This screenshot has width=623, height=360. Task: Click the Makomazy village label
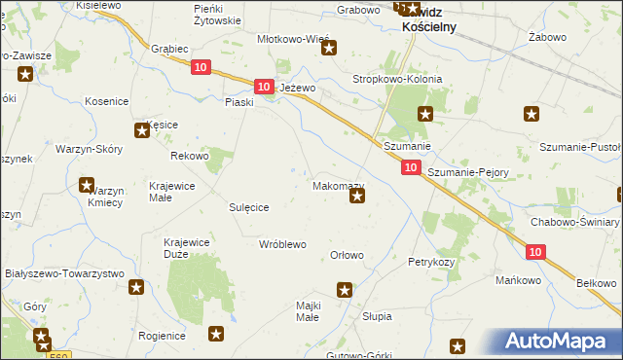(338, 185)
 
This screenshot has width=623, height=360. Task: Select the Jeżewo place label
(299, 88)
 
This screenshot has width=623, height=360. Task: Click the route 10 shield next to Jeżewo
(263, 87)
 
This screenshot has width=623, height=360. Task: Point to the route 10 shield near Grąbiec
(200, 66)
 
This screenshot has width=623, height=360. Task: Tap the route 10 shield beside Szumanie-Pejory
(410, 168)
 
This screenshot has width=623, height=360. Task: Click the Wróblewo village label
(283, 243)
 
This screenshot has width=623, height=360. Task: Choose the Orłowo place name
(348, 256)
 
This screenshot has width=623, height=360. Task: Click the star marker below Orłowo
(344, 289)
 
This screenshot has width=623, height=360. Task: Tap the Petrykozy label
(432, 263)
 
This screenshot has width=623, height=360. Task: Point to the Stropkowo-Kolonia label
(397, 79)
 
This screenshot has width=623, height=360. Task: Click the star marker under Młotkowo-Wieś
(329, 49)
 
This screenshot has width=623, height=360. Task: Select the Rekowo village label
(190, 156)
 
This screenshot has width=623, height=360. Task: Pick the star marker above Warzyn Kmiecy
(86, 185)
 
